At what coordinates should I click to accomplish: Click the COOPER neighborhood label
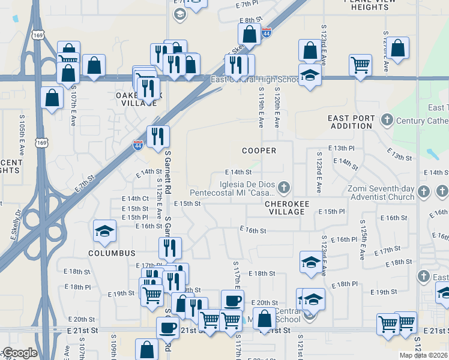click(x=259, y=151)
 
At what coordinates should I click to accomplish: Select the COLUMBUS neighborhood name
click(x=112, y=253)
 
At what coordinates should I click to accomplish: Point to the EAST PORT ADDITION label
click(x=351, y=122)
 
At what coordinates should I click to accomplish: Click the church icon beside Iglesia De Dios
click(x=283, y=189)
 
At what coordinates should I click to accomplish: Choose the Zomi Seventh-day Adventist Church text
click(x=381, y=193)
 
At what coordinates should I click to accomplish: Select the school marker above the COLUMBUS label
click(x=104, y=232)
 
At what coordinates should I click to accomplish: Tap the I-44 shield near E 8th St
click(x=266, y=32)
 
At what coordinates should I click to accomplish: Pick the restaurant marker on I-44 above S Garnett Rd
click(x=158, y=137)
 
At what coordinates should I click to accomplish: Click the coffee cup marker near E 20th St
click(x=232, y=301)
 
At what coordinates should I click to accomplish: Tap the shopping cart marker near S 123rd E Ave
click(x=360, y=65)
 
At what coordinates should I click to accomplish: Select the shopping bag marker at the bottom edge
click(x=146, y=350)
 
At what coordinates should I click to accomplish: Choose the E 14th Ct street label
click(x=135, y=199)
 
